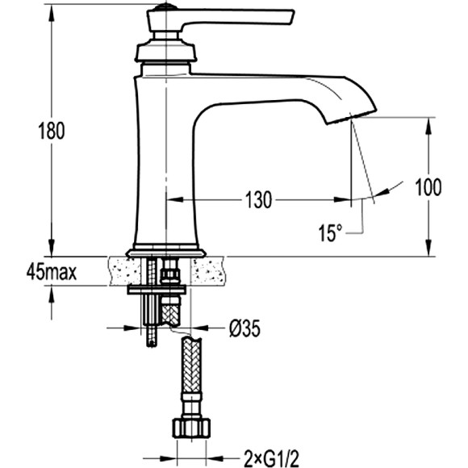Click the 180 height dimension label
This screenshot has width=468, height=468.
(52, 131)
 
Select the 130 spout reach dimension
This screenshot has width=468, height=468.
(258, 199)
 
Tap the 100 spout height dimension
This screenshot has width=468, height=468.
(428, 187)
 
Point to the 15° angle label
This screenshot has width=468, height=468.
(330, 233)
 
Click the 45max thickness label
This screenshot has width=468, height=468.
(52, 272)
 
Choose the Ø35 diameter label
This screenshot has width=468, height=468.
(244, 328)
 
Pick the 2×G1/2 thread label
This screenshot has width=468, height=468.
(271, 458)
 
